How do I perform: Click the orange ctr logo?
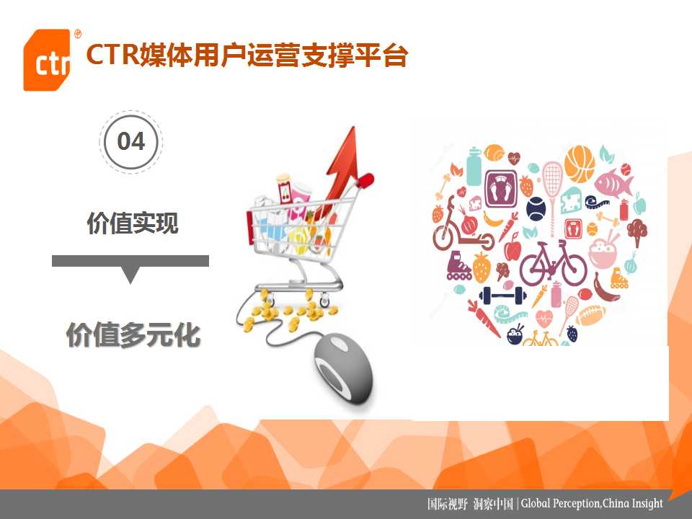[x=47, y=60]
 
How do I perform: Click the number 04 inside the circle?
[x=131, y=142]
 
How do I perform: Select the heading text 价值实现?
[x=133, y=223]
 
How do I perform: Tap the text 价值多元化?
[x=133, y=334]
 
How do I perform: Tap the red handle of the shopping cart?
[x=366, y=179]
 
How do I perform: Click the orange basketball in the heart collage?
[x=580, y=164]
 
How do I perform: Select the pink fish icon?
[x=614, y=182]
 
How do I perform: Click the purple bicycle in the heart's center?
[x=553, y=262]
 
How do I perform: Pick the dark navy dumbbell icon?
[x=502, y=296]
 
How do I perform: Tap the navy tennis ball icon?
[x=536, y=209]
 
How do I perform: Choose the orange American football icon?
[x=590, y=315]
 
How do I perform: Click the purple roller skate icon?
[x=459, y=266]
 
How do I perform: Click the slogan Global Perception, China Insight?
[x=592, y=504]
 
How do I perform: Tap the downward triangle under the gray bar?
[x=130, y=275]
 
